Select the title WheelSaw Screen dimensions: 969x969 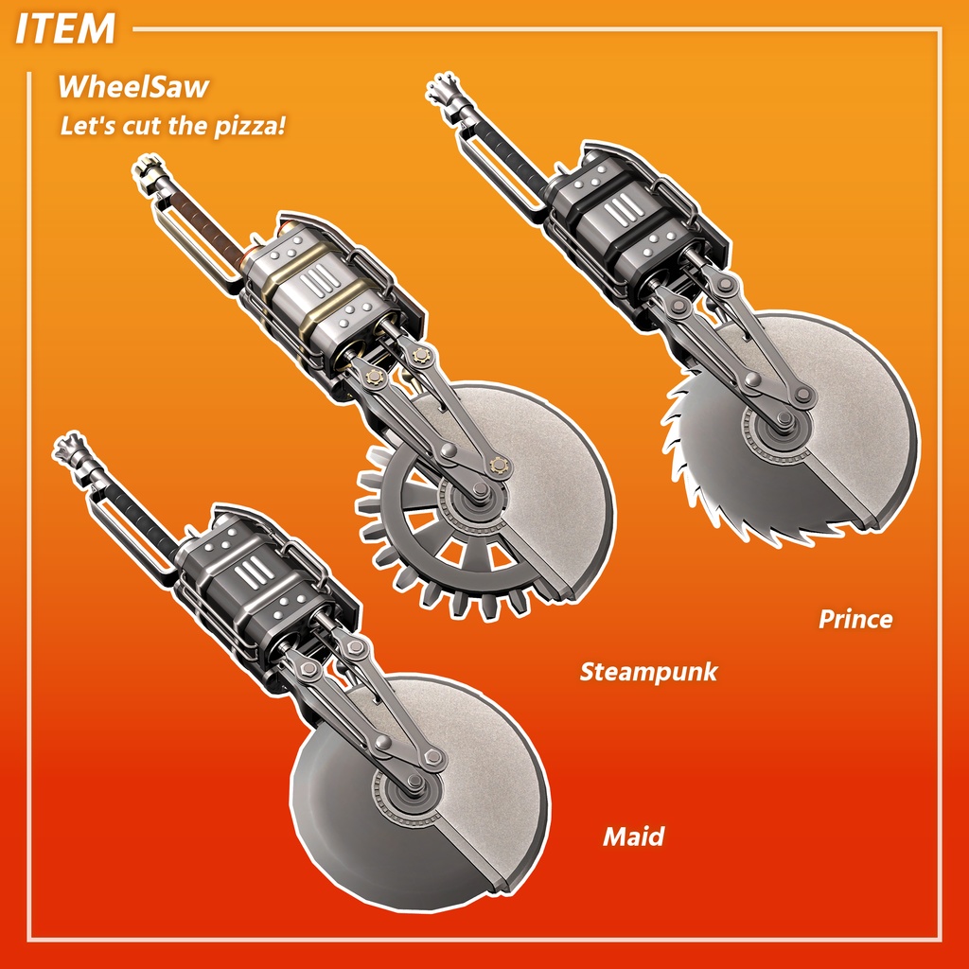132,86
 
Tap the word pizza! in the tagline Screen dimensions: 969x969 250,126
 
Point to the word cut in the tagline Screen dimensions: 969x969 142,126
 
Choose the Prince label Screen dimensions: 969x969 855,619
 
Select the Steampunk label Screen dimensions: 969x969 648,673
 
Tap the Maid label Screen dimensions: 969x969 633,837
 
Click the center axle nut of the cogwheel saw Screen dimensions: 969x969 480,491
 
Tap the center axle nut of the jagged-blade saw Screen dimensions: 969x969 784,420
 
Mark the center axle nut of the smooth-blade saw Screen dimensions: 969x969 416,784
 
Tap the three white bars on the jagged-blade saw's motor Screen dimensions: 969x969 625,209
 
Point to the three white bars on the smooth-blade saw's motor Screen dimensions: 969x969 255,573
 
